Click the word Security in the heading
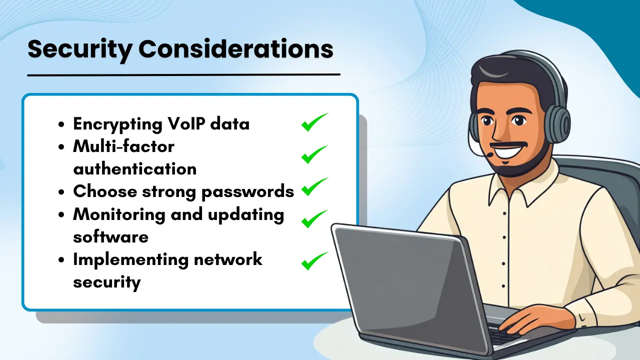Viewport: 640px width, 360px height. point(79,49)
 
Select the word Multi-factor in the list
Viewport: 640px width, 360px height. point(123,146)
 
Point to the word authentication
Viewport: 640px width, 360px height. point(134,168)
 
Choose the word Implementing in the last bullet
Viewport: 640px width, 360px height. point(129,259)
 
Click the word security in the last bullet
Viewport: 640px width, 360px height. point(106,281)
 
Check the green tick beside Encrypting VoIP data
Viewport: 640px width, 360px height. point(314,122)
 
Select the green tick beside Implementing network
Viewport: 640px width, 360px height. point(314,260)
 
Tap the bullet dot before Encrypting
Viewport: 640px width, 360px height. point(61,124)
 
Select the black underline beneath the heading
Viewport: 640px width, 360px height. point(183,74)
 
